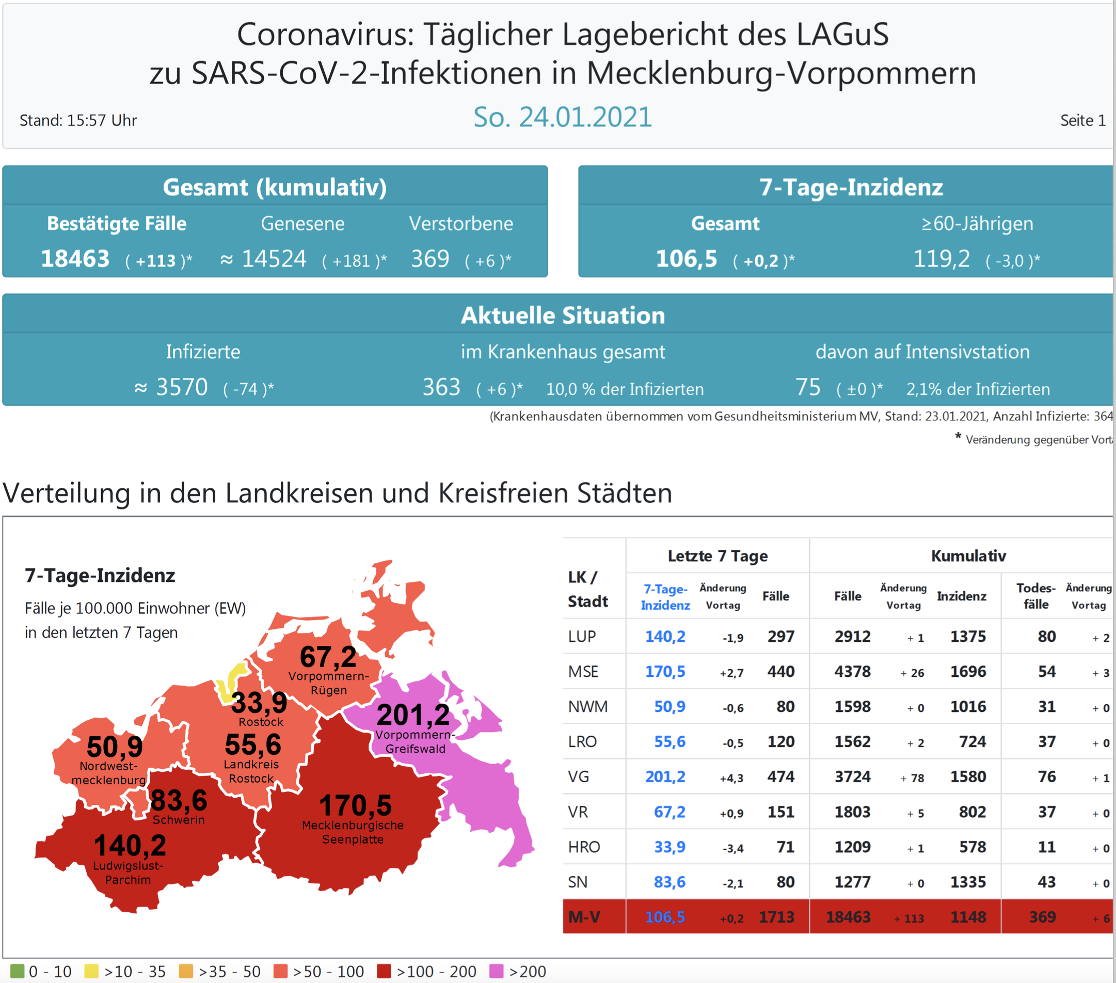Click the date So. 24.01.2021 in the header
(x=562, y=117)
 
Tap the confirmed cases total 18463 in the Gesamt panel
(x=75, y=259)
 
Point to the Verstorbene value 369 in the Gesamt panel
(x=430, y=259)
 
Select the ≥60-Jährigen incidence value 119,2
(x=942, y=259)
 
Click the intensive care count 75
(x=807, y=387)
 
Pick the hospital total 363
(x=441, y=387)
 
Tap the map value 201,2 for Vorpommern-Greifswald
(x=413, y=715)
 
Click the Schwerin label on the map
(x=179, y=820)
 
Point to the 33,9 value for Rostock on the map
(x=259, y=702)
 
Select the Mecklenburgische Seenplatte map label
(x=353, y=832)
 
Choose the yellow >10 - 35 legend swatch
(x=91, y=972)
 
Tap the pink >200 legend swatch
(x=496, y=972)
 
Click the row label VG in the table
(x=578, y=776)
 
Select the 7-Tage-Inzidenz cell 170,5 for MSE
(x=665, y=672)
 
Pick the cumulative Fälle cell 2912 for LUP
(x=852, y=637)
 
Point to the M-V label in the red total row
(x=584, y=917)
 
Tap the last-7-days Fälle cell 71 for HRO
(x=785, y=847)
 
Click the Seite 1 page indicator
(x=1082, y=120)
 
